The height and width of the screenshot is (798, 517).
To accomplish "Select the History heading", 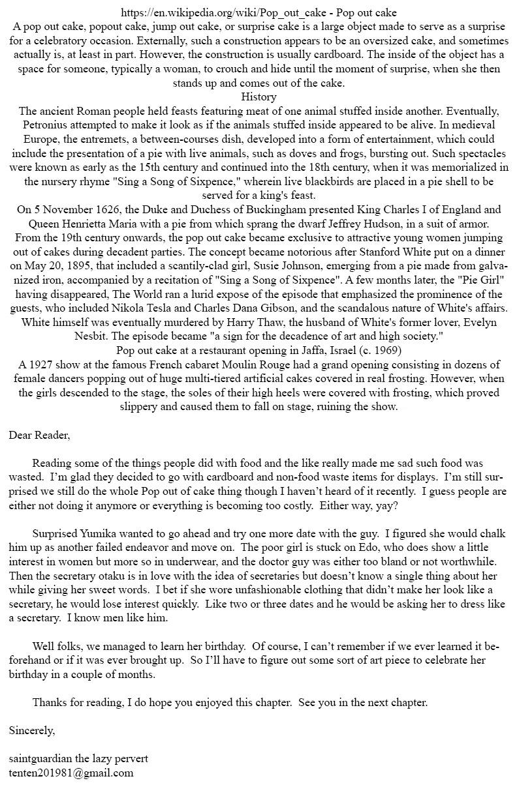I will [x=258, y=97].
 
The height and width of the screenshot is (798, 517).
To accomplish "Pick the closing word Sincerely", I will [x=32, y=730].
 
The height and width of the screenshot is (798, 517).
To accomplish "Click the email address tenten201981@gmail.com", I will [x=71, y=773].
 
